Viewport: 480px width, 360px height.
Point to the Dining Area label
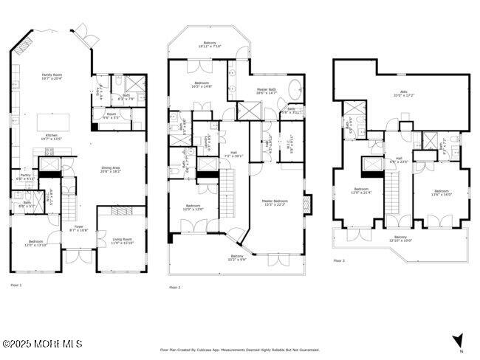pos(111,169)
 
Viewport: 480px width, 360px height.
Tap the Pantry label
pos(26,177)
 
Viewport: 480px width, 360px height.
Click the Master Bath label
pos(266,91)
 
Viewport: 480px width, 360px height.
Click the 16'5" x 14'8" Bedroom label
pos(203,84)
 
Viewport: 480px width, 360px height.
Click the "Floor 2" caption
pos(175,287)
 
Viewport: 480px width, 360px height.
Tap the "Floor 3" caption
pos(339,260)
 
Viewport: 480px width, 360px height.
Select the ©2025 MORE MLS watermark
pos(41,344)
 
